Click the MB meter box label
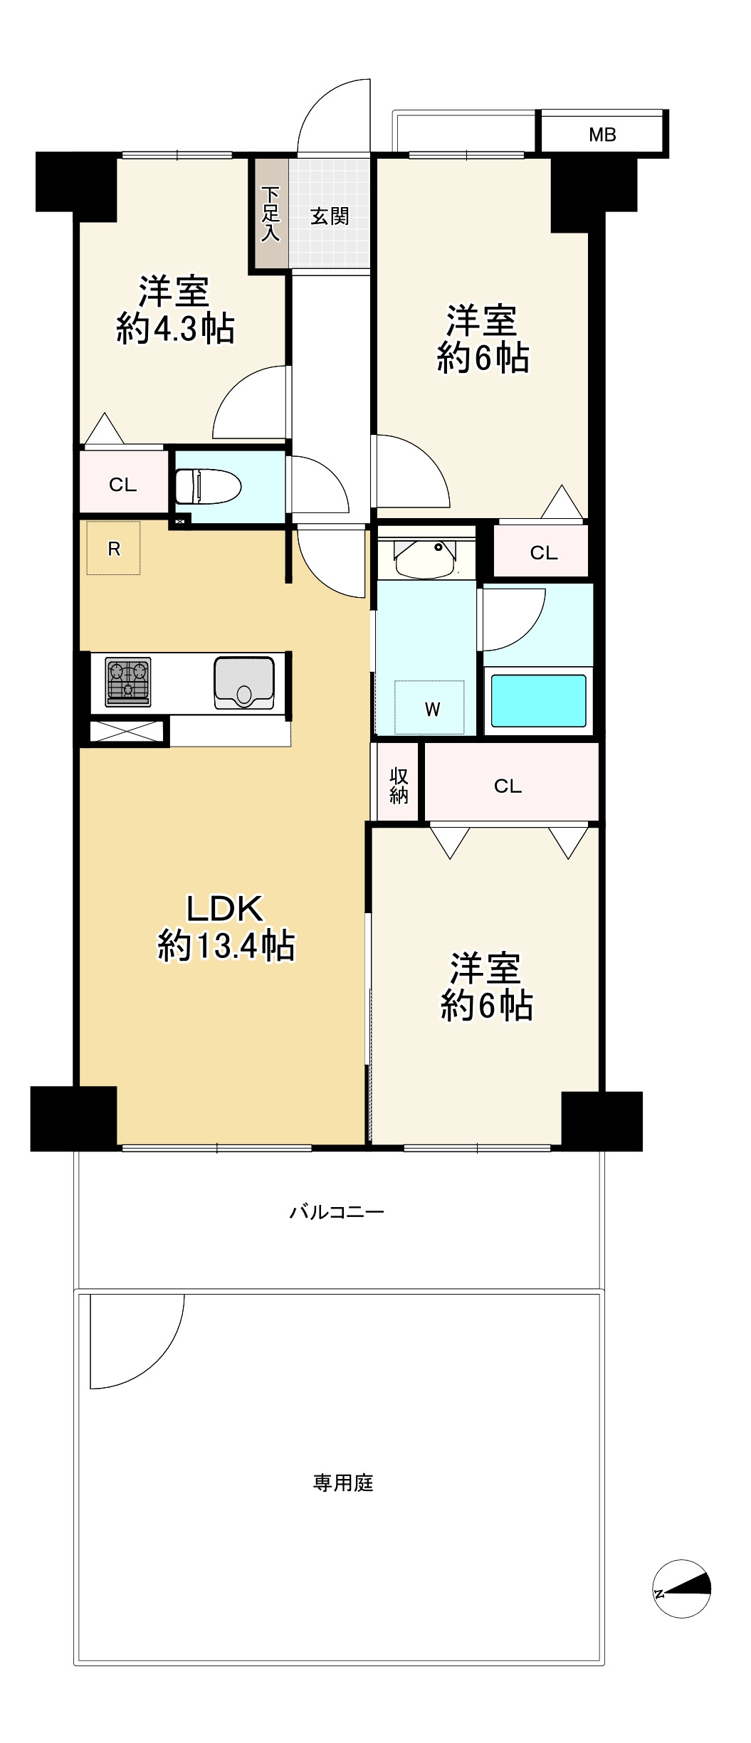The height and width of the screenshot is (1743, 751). tap(602, 135)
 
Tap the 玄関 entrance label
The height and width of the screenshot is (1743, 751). tap(330, 216)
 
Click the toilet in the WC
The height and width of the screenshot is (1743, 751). tap(208, 486)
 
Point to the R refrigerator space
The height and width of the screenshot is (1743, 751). tap(114, 548)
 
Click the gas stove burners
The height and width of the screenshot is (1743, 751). tap(128, 681)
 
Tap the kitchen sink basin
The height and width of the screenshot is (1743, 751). tap(244, 683)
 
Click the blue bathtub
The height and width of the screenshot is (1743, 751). tap(539, 700)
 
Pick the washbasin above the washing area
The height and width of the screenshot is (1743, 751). tap(426, 559)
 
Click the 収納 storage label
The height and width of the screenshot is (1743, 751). tap(399, 786)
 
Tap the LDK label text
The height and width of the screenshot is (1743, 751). tap(225, 909)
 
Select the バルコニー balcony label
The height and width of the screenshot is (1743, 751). tap(337, 1211)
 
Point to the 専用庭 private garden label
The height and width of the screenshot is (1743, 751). tap(343, 1483)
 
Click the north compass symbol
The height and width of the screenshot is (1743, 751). tap(681, 1589)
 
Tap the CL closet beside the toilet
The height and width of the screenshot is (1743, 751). tap(122, 485)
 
